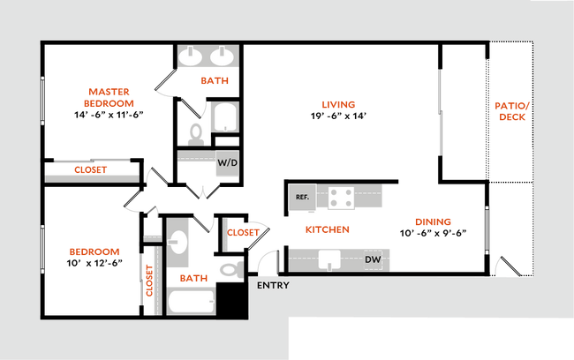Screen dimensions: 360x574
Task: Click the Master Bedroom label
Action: click(110, 97)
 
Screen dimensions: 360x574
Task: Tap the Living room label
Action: click(338, 105)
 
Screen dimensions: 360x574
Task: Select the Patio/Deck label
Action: click(511, 111)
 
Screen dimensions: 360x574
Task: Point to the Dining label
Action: click(433, 222)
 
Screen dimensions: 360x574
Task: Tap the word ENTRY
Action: click(273, 286)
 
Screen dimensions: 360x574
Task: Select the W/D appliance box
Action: click(228, 163)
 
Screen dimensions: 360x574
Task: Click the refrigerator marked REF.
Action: click(302, 198)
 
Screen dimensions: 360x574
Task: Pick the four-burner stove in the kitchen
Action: click(342, 198)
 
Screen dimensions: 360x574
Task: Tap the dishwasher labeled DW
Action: click(373, 259)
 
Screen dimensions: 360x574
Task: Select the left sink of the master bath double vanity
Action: click(192, 57)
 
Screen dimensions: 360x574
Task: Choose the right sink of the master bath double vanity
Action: click(221, 57)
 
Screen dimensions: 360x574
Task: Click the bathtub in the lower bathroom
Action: click(191, 303)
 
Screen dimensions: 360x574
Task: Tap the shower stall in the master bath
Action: click(224, 117)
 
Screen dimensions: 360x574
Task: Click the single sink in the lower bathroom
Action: click(177, 240)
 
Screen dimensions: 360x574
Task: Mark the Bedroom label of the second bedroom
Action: click(95, 252)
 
